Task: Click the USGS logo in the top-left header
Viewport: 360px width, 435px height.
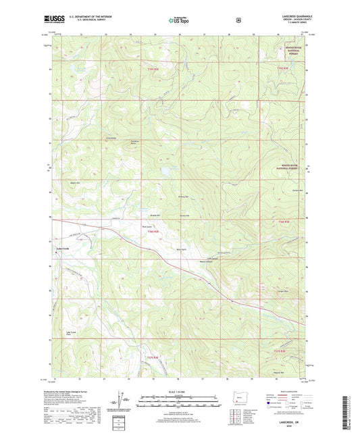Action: click(x=59, y=20)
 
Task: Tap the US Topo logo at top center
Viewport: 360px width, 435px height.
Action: click(x=178, y=20)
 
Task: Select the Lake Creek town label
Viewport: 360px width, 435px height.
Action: click(x=62, y=255)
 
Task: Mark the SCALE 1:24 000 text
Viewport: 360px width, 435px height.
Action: click(x=178, y=392)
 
